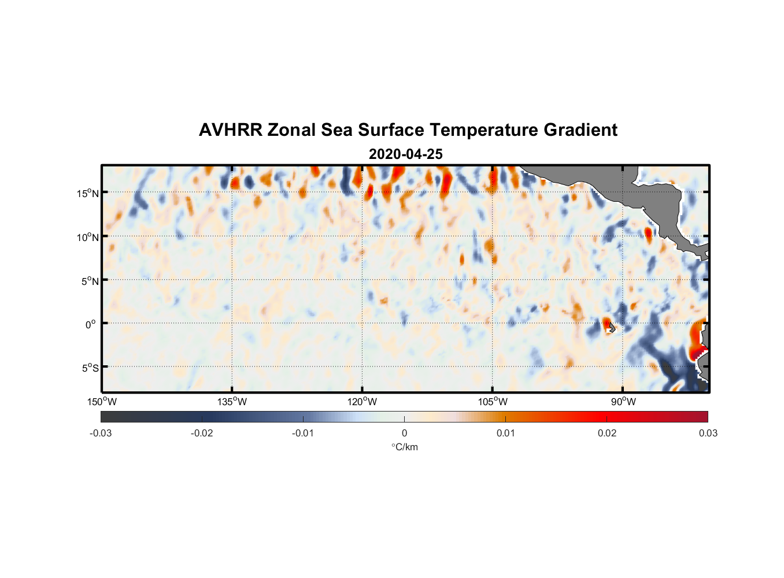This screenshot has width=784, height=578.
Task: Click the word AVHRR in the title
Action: click(x=230, y=130)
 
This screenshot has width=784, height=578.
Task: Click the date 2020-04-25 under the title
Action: click(x=405, y=154)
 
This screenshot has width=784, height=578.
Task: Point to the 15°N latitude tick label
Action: click(x=88, y=193)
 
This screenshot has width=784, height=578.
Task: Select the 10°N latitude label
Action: click(x=88, y=237)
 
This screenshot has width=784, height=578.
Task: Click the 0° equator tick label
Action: click(x=90, y=324)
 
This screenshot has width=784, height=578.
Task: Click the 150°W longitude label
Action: click(x=102, y=402)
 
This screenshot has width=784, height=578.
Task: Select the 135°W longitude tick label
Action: click(x=232, y=402)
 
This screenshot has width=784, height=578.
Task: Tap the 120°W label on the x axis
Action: click(x=363, y=402)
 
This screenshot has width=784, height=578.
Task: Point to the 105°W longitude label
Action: click(x=493, y=402)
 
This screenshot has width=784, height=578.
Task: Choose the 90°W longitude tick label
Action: click(x=623, y=402)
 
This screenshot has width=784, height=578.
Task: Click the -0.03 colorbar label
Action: click(x=101, y=433)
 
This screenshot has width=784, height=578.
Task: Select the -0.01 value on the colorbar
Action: click(x=303, y=433)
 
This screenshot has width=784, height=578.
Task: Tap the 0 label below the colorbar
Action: click(x=404, y=433)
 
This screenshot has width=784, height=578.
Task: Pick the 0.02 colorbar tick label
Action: click(x=607, y=433)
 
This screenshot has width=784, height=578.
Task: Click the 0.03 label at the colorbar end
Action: click(x=708, y=433)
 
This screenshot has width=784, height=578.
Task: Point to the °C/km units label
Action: click(x=404, y=447)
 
